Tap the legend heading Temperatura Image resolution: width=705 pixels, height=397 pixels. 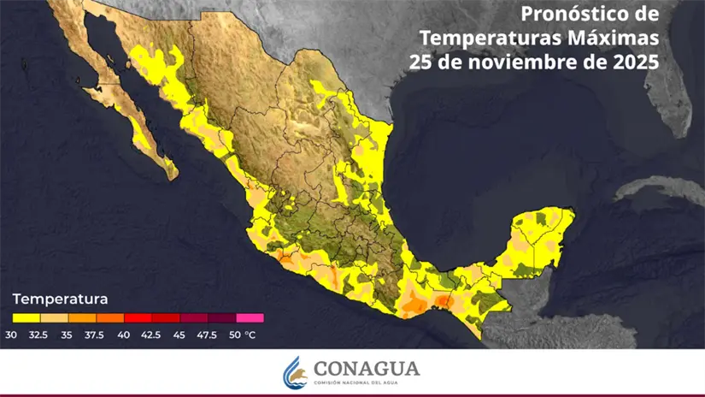coord(60,299)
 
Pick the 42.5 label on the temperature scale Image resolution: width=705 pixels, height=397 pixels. coord(152,334)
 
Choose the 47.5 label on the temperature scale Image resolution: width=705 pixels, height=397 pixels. coord(208,334)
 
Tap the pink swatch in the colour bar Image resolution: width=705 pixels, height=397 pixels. coord(250,317)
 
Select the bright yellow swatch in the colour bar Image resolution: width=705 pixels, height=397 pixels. coord(26,317)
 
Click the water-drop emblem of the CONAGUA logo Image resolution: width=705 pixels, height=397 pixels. coord(295,371)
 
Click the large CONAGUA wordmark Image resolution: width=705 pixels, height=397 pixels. coord(367,367)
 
